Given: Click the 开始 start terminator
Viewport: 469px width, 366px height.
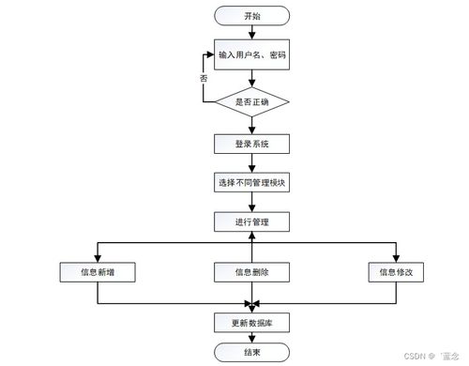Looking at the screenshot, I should click(x=251, y=16).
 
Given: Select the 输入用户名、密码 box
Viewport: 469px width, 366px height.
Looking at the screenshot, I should click(x=251, y=55).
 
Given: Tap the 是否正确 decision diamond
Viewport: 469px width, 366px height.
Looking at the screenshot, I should click(x=251, y=100).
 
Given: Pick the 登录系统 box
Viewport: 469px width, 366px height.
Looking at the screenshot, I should click(x=251, y=144).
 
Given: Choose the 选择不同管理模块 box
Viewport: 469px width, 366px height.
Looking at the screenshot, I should click(x=251, y=182).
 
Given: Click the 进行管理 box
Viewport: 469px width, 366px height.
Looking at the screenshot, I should click(x=251, y=221).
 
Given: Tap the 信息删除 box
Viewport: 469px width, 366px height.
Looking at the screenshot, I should click(x=251, y=272).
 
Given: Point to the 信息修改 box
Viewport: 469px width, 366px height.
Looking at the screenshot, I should click(x=395, y=272).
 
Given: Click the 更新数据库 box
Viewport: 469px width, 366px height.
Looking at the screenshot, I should click(x=251, y=322).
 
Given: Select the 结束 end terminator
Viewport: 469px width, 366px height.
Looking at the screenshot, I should click(x=251, y=352).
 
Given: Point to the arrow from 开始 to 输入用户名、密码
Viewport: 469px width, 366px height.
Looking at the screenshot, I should click(x=251, y=35).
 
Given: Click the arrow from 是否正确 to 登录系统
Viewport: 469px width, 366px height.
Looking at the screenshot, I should click(x=251, y=125).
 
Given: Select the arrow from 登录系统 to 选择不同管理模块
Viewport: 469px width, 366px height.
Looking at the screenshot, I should click(x=251, y=162).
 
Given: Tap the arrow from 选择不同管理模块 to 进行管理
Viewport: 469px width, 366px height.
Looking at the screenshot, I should click(x=251, y=202).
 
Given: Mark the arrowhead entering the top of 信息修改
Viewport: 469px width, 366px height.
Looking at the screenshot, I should click(x=395, y=258).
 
